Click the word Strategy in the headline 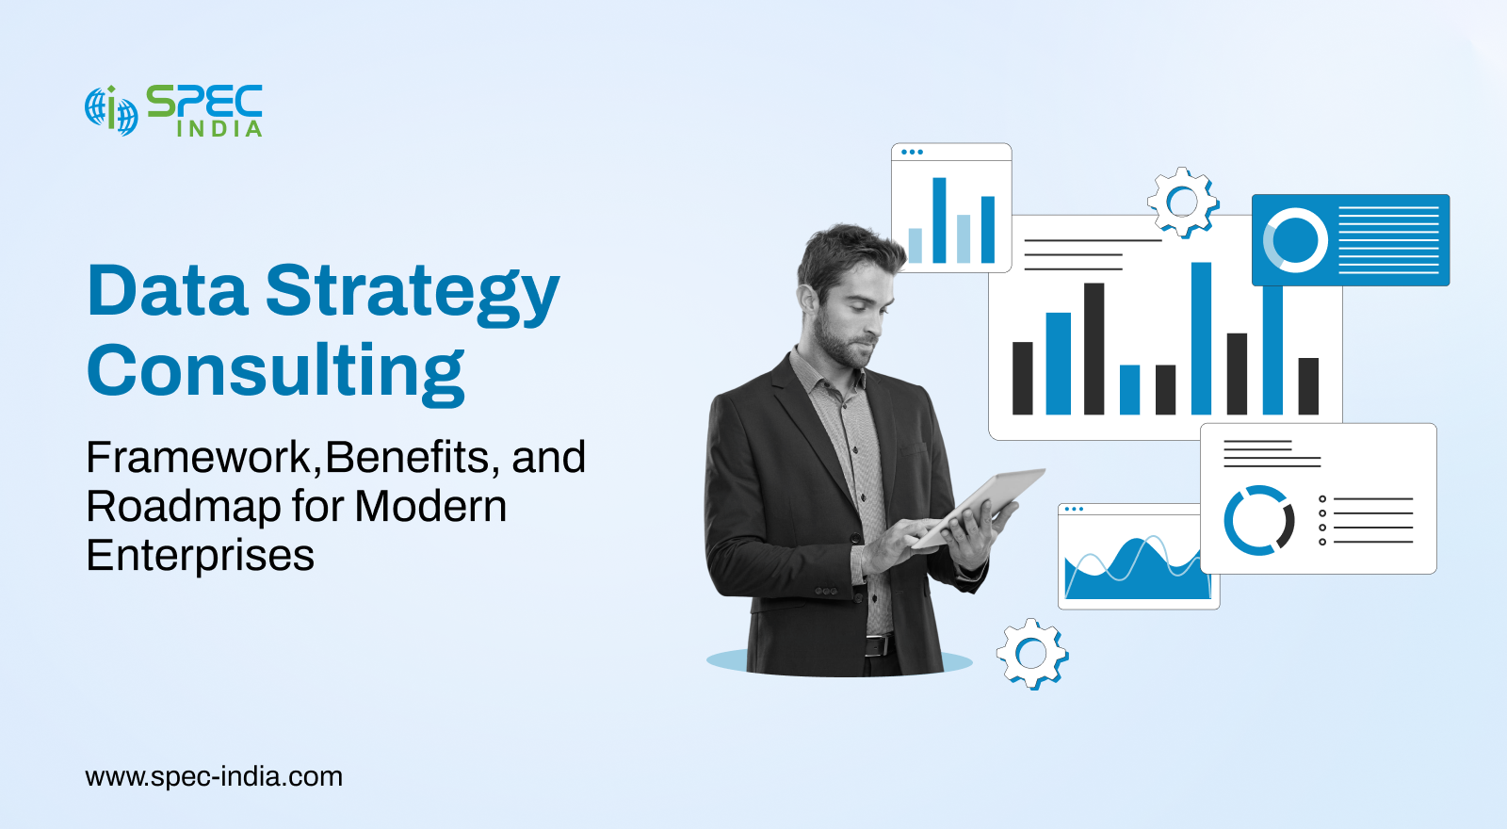413,293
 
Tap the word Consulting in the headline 276,372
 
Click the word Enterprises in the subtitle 200,556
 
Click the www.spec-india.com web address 214,777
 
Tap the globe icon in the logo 111,110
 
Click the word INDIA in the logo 219,128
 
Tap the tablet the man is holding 979,507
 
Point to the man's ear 805,301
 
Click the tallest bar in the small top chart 939,220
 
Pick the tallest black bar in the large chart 1094,349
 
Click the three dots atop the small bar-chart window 912,152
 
